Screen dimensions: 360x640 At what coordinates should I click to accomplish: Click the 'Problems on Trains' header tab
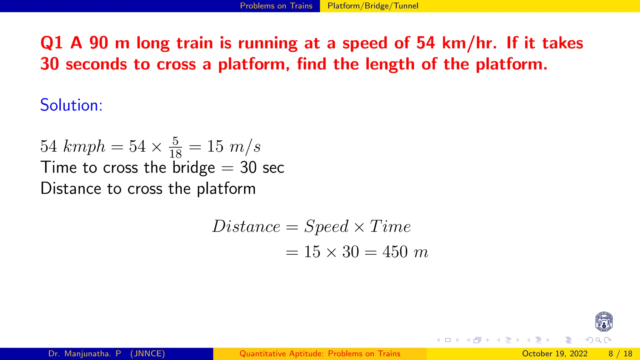point(276,6)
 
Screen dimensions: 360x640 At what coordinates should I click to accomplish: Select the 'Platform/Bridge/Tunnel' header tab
point(372,6)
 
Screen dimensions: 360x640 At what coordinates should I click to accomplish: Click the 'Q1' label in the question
point(52,43)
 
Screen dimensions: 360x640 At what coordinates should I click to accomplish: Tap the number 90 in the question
point(98,43)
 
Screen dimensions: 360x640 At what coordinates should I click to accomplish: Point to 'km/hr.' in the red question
point(469,43)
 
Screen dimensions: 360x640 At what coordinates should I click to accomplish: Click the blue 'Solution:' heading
point(71,105)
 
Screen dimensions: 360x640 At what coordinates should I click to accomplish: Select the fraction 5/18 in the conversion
point(175,147)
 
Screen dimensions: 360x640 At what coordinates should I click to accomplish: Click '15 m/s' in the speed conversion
point(233,146)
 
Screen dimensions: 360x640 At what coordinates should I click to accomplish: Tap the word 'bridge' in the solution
point(193,168)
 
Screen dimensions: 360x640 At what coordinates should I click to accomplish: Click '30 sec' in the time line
point(262,167)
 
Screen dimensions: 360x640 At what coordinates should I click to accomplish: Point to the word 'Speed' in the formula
point(326,226)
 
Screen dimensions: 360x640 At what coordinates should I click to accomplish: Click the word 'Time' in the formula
point(390,226)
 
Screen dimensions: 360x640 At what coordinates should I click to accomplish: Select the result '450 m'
point(405,252)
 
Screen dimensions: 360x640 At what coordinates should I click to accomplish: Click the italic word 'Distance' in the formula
point(246,226)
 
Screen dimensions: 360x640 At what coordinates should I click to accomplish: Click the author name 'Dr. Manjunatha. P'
point(84,354)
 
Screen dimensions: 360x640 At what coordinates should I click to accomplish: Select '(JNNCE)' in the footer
point(147,354)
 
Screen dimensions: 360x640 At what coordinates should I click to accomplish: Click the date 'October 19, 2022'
point(554,354)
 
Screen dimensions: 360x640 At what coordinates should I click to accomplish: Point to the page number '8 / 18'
point(620,354)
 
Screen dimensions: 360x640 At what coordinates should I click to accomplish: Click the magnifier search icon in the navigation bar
point(598,340)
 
